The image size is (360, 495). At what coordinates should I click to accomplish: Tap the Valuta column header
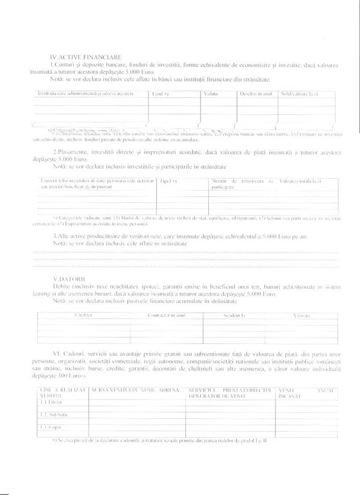click(x=211, y=94)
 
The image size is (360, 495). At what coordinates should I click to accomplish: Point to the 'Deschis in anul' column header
click(x=256, y=94)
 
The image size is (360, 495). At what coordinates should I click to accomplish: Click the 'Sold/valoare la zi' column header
click(x=298, y=94)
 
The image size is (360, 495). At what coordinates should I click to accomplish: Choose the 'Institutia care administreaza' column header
click(x=86, y=94)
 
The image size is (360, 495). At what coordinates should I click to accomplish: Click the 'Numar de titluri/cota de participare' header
click(x=242, y=184)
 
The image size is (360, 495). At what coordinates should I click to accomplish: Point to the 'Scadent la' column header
click(x=235, y=314)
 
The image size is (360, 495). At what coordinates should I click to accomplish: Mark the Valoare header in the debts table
click(x=301, y=314)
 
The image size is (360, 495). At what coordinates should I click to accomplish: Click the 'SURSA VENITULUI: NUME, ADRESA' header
click(x=136, y=391)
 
